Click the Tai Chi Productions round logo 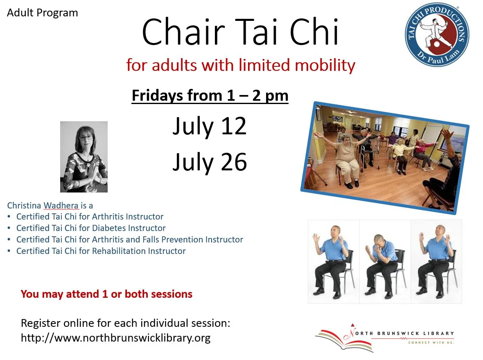[437, 34]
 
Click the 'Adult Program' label [42, 13]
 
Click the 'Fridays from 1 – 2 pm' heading [210, 96]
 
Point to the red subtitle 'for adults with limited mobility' [240, 65]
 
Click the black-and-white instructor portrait [84, 156]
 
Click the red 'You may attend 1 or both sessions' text [106, 294]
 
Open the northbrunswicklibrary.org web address [115, 338]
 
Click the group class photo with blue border [385, 157]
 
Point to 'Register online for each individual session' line [125, 323]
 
